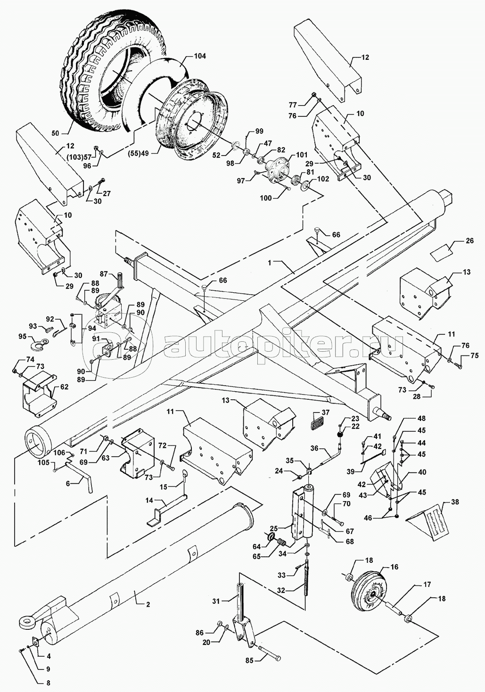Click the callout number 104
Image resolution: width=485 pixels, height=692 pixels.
pos(200,56)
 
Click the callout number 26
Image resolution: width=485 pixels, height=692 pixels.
pos(469,241)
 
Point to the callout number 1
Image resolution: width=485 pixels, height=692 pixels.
pos(269,262)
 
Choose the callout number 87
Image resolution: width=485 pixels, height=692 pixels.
pos(104,274)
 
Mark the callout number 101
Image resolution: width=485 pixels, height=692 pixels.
pos(302,155)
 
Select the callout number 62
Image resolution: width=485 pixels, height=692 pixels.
pos(64,387)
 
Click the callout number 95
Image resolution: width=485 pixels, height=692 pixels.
pos(22,336)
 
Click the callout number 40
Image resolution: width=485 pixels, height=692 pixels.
pos(422,472)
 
